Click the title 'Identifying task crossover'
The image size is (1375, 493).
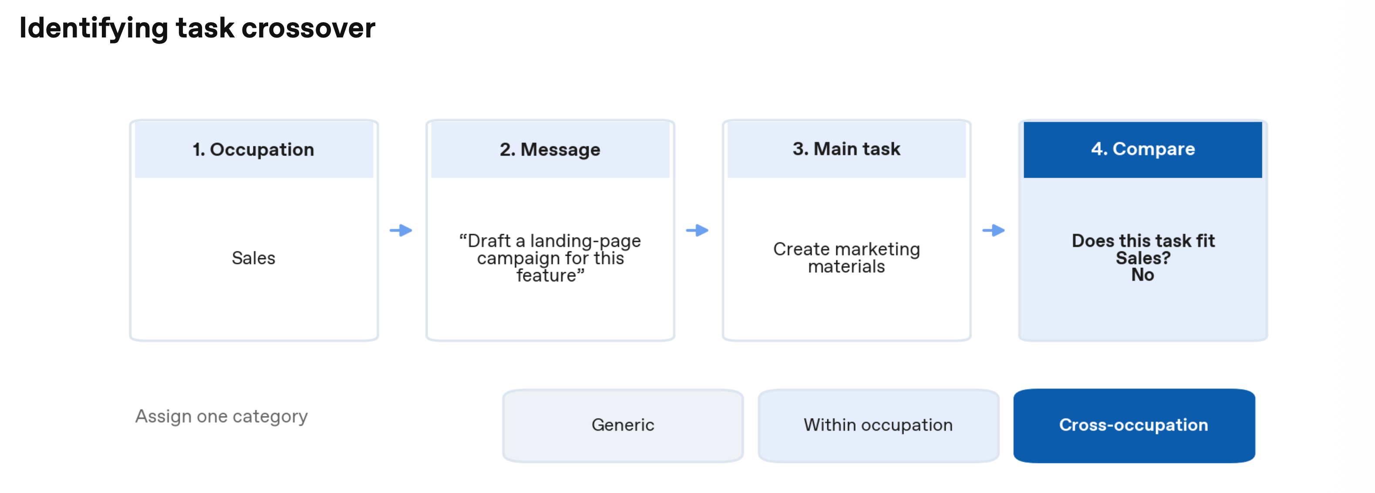[x=197, y=28]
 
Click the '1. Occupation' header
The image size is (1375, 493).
[x=253, y=149]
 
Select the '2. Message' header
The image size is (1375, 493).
[x=550, y=149]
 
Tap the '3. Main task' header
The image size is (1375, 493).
[x=846, y=149]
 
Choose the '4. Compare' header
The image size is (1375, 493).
[x=1143, y=149]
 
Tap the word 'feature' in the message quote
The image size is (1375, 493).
[x=546, y=275]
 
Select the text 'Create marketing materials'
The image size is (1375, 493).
[x=846, y=257]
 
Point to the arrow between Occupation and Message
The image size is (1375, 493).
[x=401, y=230]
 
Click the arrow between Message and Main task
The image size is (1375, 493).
[x=697, y=230]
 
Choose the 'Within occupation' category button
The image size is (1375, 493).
[x=878, y=425]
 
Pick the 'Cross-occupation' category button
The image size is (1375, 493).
[x=1134, y=425]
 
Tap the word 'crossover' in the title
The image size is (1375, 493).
[x=309, y=28]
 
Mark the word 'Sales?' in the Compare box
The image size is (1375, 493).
[x=1143, y=258]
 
